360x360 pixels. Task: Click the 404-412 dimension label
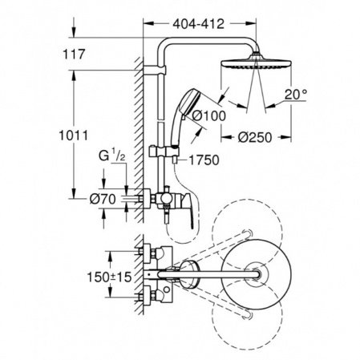[x=198, y=24]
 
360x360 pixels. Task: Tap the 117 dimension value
[x=74, y=55]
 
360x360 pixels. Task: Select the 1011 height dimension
[x=74, y=136]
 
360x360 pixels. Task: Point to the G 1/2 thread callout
[x=111, y=156]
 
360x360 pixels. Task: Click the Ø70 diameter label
[x=103, y=199]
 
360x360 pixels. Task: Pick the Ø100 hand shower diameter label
[x=209, y=116]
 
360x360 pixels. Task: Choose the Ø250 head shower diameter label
[x=255, y=137]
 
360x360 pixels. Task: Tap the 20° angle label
[x=296, y=95]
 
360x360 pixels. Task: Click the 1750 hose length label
[x=204, y=160]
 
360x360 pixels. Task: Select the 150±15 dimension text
[x=110, y=277]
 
